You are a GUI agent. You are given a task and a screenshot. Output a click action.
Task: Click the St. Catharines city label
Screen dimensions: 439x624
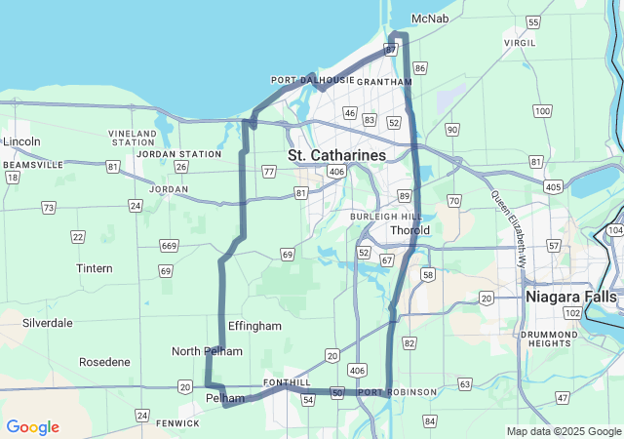point(336,155)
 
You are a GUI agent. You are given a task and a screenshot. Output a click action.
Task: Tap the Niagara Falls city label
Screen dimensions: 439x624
point(570,296)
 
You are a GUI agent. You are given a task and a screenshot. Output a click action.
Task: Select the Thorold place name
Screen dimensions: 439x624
point(409,230)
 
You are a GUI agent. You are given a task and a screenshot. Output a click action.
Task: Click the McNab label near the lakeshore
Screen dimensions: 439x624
point(430,19)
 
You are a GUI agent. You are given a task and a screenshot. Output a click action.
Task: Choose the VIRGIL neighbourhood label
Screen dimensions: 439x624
point(519,44)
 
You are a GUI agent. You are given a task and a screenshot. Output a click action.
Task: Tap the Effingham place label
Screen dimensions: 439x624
point(254,326)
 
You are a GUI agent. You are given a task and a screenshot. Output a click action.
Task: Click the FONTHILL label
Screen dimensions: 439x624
point(287,383)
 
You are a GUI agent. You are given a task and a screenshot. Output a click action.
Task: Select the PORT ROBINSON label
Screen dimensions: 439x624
point(389,393)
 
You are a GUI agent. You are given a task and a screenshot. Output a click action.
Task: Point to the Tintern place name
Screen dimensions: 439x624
point(95,267)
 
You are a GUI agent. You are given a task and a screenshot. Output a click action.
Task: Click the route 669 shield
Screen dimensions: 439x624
point(169,245)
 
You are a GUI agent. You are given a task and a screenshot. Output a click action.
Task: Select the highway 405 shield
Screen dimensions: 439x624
point(554,186)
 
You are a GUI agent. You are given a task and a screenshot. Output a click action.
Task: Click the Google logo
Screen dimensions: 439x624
point(32,427)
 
